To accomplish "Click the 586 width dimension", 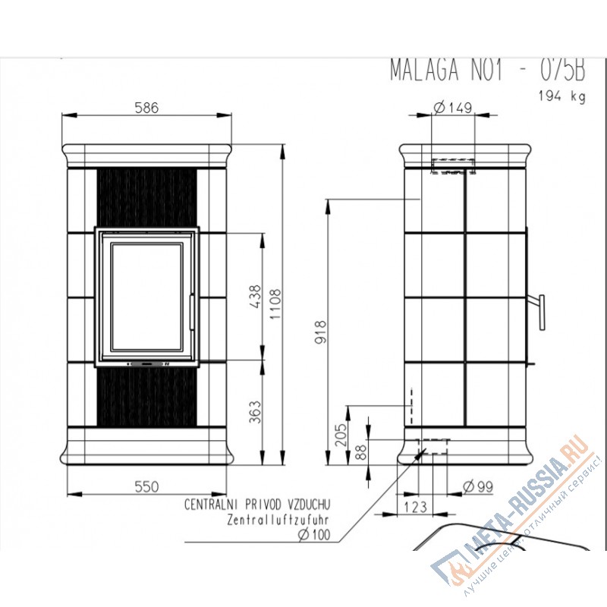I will (146, 108).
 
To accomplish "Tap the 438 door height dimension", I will (255, 296).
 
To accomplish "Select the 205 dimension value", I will (340, 435).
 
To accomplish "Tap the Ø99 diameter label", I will (477, 486).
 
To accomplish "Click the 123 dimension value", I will (415, 506).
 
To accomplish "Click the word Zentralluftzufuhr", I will (279, 520).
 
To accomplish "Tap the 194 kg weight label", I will (561, 96).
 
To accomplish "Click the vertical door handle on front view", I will (192, 310).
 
